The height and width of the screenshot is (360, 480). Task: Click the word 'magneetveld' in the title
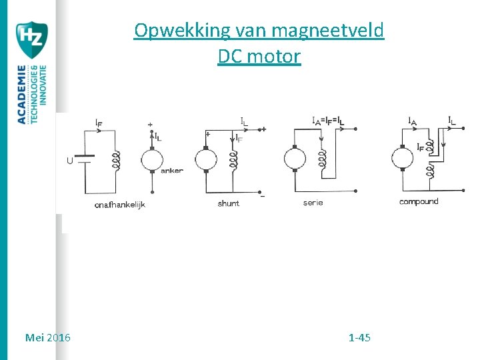point(327,31)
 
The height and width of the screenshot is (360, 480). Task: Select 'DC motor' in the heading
point(259,57)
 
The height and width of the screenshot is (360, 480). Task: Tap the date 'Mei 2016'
point(47,337)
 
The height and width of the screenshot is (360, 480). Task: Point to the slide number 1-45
point(359,337)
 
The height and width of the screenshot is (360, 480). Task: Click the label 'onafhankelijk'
point(119,205)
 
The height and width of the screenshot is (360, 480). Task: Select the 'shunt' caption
point(228,203)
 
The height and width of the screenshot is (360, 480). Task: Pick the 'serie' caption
point(313,202)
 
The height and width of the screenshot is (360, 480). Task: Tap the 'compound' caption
point(419,201)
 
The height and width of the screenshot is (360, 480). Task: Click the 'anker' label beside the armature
point(172,171)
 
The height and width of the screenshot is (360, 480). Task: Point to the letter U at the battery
point(69,161)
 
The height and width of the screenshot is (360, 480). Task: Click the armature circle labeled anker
point(152,161)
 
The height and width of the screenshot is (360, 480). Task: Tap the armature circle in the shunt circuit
point(206,161)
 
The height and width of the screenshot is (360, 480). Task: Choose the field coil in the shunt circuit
point(233,161)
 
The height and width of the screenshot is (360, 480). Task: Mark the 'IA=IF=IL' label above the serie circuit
point(328,121)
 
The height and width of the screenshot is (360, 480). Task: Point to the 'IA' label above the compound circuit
point(413,121)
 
